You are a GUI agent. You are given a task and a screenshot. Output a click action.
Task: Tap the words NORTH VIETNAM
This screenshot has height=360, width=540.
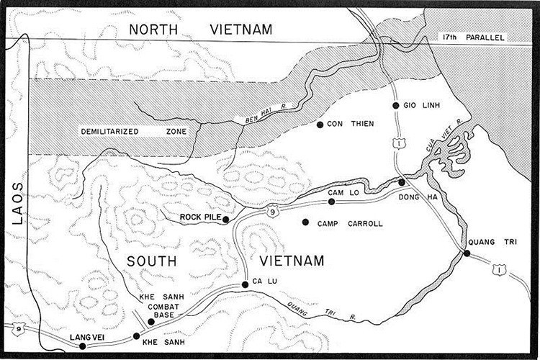click(x=201, y=30)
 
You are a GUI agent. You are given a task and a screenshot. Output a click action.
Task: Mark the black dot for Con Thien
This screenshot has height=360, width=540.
click(x=320, y=125)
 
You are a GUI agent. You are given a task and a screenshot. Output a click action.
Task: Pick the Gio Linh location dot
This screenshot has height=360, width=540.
click(x=396, y=106)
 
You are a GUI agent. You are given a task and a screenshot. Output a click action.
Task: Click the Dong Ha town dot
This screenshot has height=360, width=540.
click(x=402, y=182)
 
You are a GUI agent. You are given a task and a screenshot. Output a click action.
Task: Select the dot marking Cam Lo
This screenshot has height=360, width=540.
click(x=331, y=202)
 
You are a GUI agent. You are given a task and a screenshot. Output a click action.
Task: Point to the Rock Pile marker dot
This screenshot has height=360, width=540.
click(x=226, y=220)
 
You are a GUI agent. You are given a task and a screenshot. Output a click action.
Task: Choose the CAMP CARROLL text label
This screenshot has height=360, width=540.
click(x=350, y=224)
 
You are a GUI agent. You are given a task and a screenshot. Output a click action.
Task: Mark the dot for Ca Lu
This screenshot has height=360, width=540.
click(x=246, y=284)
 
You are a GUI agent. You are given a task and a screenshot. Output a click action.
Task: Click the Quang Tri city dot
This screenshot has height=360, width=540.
click(x=467, y=253)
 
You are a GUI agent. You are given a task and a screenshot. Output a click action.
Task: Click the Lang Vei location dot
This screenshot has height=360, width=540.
click(x=83, y=346)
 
